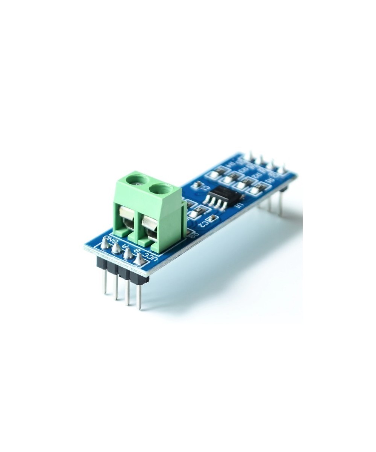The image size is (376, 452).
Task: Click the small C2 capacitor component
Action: (212, 218)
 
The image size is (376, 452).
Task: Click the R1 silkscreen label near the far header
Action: (269, 181)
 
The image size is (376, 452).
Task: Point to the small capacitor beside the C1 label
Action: (196, 185)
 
